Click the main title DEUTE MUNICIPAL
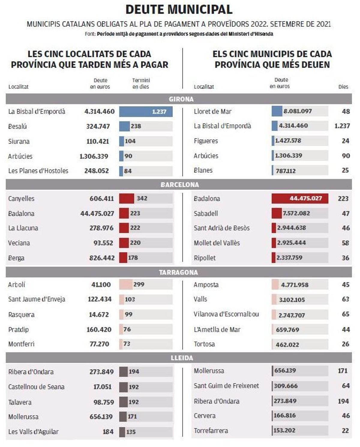179,10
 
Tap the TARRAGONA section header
178,272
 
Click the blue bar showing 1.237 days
146,112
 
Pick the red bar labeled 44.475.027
300,198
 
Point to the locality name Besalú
17,127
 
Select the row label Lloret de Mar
212,112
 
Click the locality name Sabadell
206,213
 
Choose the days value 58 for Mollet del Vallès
345,243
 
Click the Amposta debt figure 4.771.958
294,285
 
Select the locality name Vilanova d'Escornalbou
226,314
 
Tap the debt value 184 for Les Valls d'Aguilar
108,432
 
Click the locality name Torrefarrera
211,431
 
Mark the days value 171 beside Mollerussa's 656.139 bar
343,371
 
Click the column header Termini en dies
141,84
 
